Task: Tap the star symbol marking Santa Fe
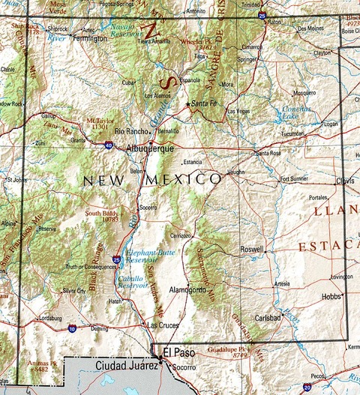pyautogui.click(x=187, y=103)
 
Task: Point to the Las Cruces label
pyautogui.click(x=163, y=325)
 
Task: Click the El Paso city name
pyautogui.click(x=177, y=352)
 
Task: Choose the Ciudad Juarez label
pyautogui.click(x=127, y=365)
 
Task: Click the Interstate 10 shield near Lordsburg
pyautogui.click(x=71, y=328)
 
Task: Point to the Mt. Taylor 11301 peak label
pyautogui.click(x=101, y=124)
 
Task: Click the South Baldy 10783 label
pyautogui.click(x=101, y=217)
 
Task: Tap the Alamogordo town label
pyautogui.click(x=187, y=289)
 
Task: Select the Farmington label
pyautogui.click(x=90, y=37)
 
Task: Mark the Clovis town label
pyautogui.click(x=346, y=181)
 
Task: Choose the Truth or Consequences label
pyautogui.click(x=90, y=268)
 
